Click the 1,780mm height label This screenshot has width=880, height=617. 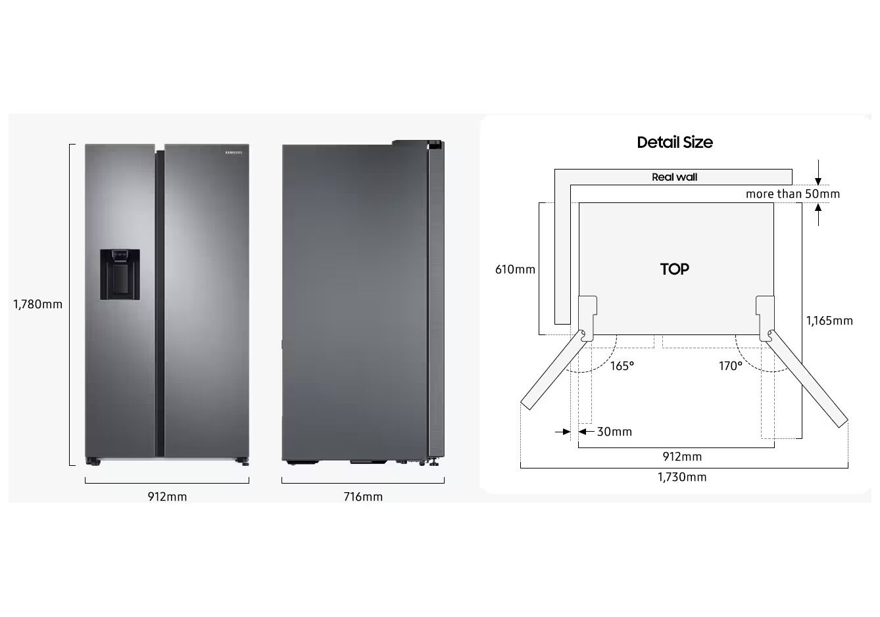click(38, 304)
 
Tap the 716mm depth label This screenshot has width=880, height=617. click(363, 497)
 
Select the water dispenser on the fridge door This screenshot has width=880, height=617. click(120, 274)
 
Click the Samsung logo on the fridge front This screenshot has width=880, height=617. click(234, 153)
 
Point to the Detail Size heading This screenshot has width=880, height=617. click(675, 142)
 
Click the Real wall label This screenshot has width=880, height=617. click(674, 177)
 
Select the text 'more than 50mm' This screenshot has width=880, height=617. click(793, 194)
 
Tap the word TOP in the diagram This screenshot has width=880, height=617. click(675, 269)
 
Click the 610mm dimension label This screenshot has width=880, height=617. click(515, 269)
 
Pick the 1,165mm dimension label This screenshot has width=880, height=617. click(829, 321)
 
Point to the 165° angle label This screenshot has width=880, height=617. click(622, 366)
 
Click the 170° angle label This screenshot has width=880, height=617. click(730, 366)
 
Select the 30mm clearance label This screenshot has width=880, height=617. click(614, 432)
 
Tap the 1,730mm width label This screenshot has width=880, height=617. click(682, 477)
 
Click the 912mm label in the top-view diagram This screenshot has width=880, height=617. click(682, 457)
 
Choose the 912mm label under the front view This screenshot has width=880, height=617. click(167, 497)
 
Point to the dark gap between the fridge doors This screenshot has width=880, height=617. click(160, 302)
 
